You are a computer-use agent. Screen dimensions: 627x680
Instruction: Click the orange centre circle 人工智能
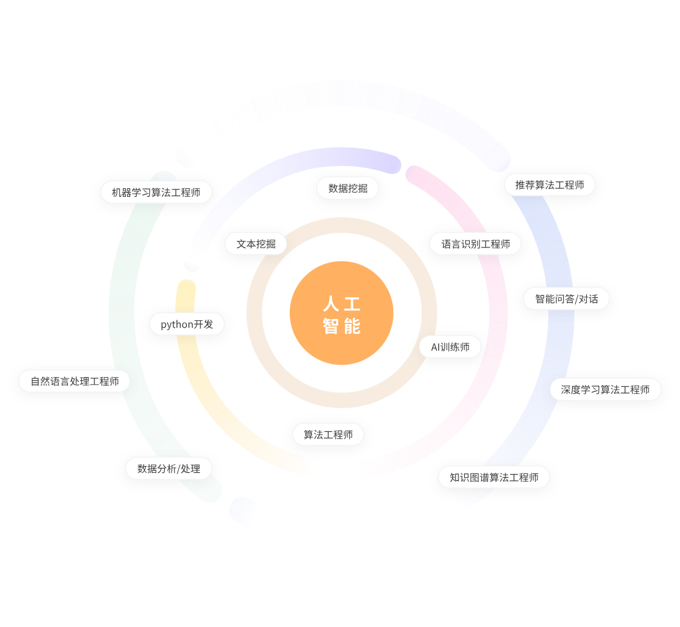pyautogui.click(x=341, y=313)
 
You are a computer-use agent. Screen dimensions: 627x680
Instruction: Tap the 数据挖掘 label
pyautogui.click(x=347, y=188)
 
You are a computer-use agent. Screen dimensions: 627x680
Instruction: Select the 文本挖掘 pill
pyautogui.click(x=256, y=244)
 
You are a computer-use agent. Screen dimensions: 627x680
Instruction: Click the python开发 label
pyautogui.click(x=186, y=324)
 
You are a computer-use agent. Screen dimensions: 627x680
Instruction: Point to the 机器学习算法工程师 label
pyautogui.click(x=156, y=193)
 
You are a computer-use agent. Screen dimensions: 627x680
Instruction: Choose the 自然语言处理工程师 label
pyautogui.click(x=75, y=381)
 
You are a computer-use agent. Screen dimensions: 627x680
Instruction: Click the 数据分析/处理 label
pyautogui.click(x=168, y=469)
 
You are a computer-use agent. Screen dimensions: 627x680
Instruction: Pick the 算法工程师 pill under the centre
pyautogui.click(x=328, y=435)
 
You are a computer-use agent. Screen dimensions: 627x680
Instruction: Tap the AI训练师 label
pyautogui.click(x=450, y=347)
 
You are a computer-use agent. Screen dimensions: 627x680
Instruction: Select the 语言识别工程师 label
pyautogui.click(x=475, y=244)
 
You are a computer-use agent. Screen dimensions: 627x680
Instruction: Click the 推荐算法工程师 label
pyautogui.click(x=549, y=185)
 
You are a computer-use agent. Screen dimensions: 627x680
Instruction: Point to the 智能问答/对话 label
pyautogui.click(x=566, y=299)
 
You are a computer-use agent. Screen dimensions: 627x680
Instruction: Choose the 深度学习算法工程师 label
pyautogui.click(x=605, y=390)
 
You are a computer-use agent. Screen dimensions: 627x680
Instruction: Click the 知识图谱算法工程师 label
pyautogui.click(x=494, y=478)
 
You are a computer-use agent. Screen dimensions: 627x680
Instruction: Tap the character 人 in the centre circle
pyautogui.click(x=331, y=304)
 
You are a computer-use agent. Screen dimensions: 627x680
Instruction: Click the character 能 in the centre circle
pyautogui.click(x=352, y=326)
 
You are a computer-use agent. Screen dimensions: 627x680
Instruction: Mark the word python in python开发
pyautogui.click(x=176, y=325)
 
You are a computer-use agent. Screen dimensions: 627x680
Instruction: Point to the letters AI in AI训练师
pyautogui.click(x=436, y=347)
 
